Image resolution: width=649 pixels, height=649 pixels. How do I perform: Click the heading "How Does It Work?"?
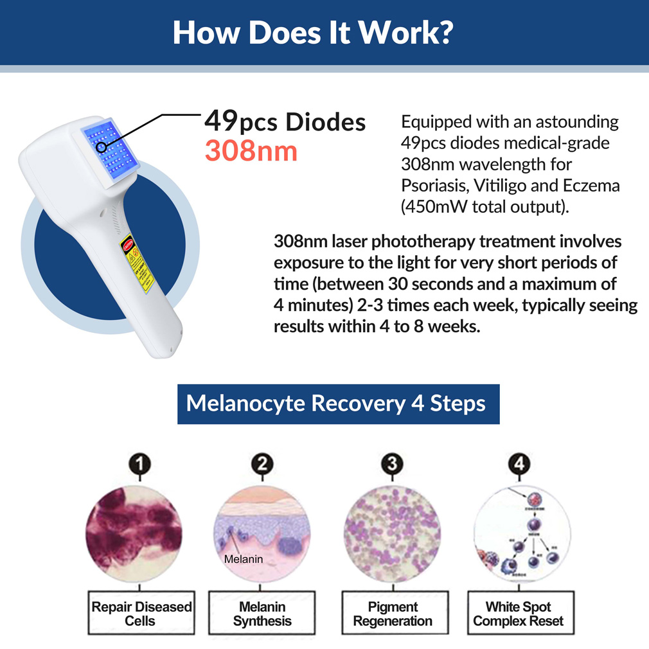coord(313,33)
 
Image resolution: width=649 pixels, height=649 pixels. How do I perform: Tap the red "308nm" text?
coord(251,150)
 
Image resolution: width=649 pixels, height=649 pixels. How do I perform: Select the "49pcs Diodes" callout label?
coord(285,121)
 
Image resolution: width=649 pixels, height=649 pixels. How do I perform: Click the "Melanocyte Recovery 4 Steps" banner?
coord(338,404)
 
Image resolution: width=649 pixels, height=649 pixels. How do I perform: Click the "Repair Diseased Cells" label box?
coord(141,614)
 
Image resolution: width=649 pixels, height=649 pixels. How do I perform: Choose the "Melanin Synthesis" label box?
coord(262,614)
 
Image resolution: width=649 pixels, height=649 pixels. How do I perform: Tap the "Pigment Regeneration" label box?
coord(393,614)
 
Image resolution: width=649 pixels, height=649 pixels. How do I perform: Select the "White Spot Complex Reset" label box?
coord(518,614)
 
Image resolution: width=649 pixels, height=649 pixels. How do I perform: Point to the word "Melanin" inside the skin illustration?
coord(244,559)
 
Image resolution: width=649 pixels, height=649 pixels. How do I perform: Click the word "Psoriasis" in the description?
coord(429,186)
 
